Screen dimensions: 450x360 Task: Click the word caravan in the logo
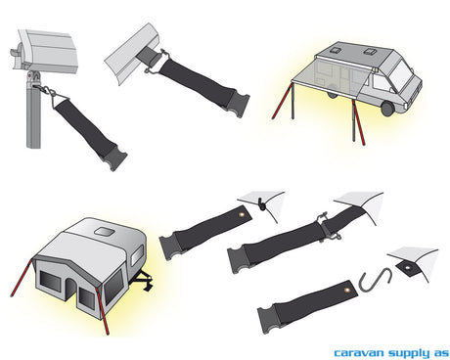(359, 353)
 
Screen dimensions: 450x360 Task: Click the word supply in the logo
(409, 353)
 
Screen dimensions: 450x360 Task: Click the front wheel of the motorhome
(387, 109)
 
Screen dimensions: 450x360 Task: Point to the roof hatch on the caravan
(105, 232)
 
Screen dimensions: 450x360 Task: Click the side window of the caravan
(137, 256)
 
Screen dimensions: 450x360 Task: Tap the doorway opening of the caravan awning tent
(70, 289)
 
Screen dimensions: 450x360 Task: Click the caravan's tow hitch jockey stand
(145, 283)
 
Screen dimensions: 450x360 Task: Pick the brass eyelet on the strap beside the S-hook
(346, 290)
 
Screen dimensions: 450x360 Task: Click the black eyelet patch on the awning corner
(406, 268)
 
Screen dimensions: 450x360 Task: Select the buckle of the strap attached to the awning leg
(114, 158)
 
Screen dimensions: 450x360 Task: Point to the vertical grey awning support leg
(33, 111)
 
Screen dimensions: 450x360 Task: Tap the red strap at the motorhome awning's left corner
(282, 102)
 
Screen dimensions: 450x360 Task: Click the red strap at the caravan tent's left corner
(22, 278)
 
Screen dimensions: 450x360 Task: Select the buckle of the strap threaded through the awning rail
(238, 102)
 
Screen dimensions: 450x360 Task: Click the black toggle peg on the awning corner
(260, 203)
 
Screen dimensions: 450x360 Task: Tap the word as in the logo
(441, 353)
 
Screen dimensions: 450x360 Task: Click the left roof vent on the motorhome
(334, 50)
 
